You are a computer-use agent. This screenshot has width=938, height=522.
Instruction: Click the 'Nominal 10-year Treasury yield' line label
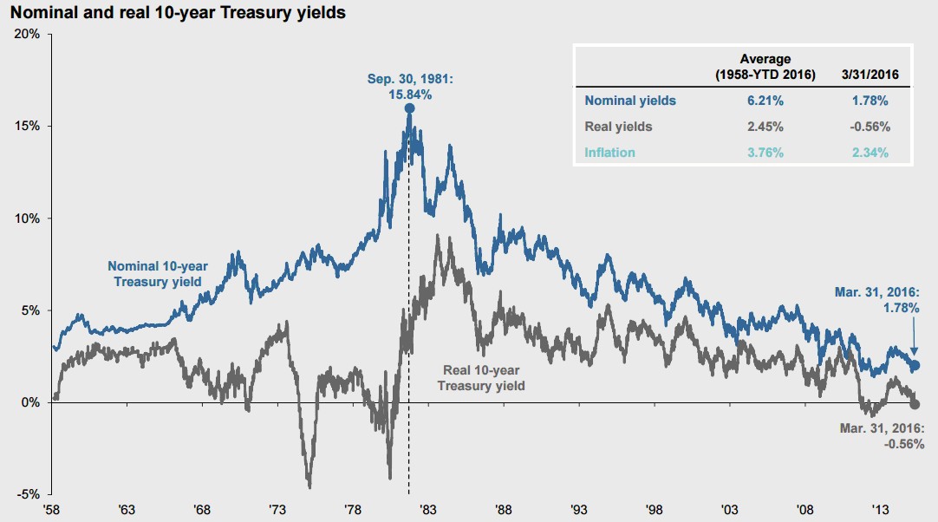(154, 273)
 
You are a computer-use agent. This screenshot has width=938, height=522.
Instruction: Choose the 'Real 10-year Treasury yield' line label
(481, 378)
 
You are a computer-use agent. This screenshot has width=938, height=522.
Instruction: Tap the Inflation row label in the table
(610, 153)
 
